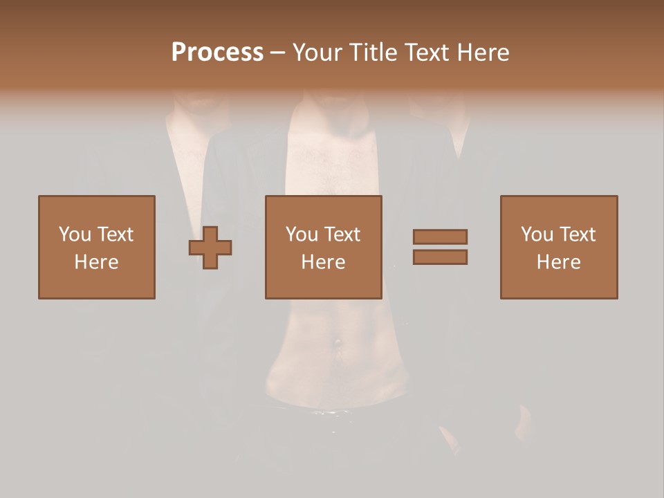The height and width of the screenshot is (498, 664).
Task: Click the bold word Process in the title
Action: pyautogui.click(x=217, y=53)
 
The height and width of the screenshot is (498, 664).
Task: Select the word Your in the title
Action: pyautogui.click(x=316, y=53)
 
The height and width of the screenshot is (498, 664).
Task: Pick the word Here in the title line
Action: pyautogui.click(x=484, y=53)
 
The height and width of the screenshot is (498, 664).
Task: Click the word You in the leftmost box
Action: pyautogui.click(x=74, y=234)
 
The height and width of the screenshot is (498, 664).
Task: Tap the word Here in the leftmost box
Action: pyautogui.click(x=96, y=262)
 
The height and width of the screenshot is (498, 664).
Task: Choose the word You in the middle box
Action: pyautogui.click(x=302, y=234)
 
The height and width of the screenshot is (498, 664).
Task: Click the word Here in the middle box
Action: pyautogui.click(x=323, y=262)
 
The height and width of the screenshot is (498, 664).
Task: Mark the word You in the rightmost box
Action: pyautogui.click(x=537, y=234)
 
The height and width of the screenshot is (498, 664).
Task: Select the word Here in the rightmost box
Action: pyautogui.click(x=558, y=262)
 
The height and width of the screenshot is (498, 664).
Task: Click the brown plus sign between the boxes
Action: pyautogui.click(x=210, y=248)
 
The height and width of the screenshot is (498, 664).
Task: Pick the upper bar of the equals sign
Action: pyautogui.click(x=440, y=237)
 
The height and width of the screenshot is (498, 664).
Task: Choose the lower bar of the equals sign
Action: pyautogui.click(x=440, y=257)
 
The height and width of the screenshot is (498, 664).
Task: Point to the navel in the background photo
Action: pyautogui.click(x=337, y=342)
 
